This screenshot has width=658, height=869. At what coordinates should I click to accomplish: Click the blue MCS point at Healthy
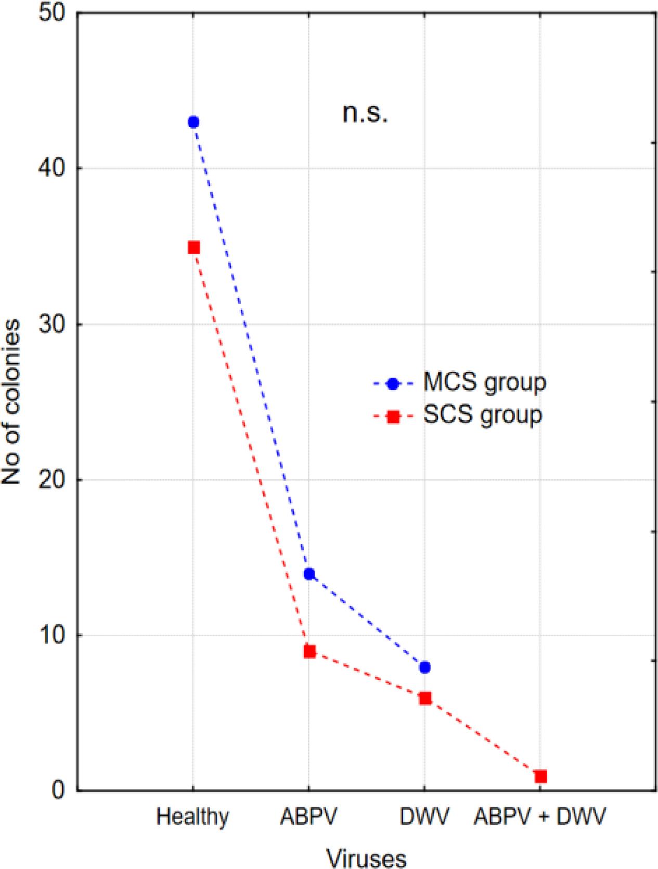point(193,122)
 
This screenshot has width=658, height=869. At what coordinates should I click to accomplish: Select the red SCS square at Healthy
point(194,247)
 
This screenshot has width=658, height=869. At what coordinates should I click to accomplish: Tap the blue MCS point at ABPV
point(309,574)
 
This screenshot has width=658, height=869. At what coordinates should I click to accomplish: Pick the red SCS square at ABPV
point(309,651)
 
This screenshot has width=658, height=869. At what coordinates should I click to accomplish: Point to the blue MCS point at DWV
point(424,668)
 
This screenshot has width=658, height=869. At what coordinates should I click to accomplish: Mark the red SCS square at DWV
point(425,698)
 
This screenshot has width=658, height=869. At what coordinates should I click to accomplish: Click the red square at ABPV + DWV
point(540,776)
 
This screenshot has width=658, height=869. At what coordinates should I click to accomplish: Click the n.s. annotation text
point(365,114)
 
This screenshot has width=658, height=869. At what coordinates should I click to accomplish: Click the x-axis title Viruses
point(366,857)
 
